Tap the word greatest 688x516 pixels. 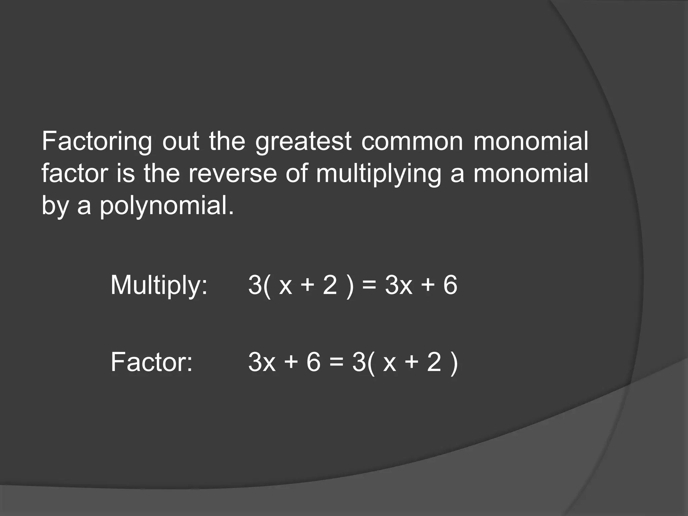(303, 142)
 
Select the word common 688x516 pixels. (412, 142)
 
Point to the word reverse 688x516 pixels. (232, 174)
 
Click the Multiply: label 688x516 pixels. (159, 285)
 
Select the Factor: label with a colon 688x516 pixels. (152, 362)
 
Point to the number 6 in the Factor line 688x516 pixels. (313, 362)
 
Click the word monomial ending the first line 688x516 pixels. (531, 142)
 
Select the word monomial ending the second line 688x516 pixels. (531, 174)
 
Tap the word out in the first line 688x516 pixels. (181, 142)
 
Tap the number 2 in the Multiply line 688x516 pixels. (330, 285)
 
